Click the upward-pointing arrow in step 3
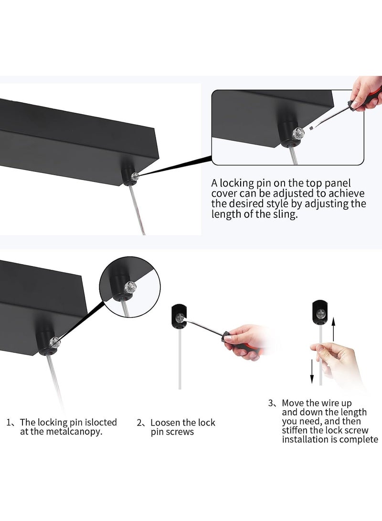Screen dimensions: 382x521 click(333, 329)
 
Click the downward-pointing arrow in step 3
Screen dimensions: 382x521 click(312, 371)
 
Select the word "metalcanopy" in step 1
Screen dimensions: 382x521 click(73, 432)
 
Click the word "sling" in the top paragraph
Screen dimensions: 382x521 click(284, 214)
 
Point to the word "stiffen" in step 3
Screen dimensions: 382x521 click(295, 430)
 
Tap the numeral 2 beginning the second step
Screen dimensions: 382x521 click(139, 423)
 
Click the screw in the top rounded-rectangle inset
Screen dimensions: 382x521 click(298, 133)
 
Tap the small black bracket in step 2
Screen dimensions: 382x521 click(179, 317)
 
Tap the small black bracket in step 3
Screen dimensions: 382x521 click(320, 312)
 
